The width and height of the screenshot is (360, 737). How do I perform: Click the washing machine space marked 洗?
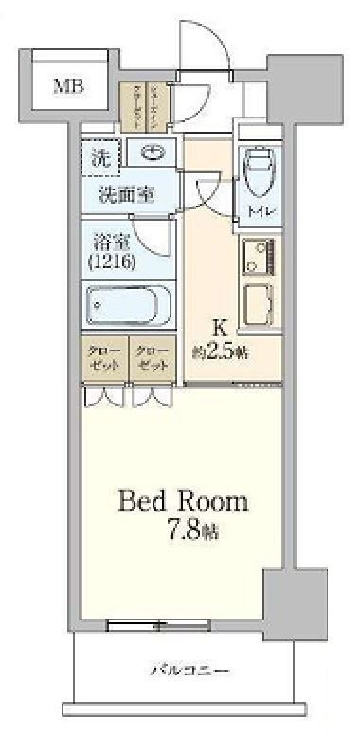[99, 157]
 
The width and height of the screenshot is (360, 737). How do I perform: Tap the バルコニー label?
[190, 672]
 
